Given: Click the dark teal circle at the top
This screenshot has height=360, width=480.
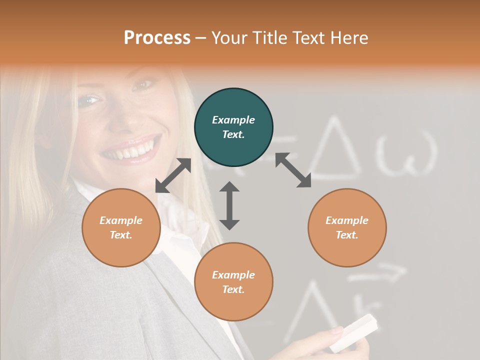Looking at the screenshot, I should [x=233, y=127].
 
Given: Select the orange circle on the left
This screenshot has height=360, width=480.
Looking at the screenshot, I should [x=121, y=227].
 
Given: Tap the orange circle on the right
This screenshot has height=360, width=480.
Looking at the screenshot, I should [x=347, y=227].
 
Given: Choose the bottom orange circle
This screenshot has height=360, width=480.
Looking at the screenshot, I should [x=233, y=281].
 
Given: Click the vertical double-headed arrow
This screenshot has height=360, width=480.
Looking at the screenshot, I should [x=229, y=205].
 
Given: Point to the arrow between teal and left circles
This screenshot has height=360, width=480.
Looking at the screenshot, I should [x=173, y=175].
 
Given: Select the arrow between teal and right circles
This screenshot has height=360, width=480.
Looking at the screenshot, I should [x=293, y=170].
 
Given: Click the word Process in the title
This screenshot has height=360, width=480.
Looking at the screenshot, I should [x=157, y=38].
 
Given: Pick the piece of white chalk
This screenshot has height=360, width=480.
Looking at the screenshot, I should [x=353, y=332].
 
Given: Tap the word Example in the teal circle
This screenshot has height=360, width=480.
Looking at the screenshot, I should [x=233, y=120].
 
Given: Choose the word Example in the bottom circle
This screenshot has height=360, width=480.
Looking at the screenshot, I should [x=233, y=274].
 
